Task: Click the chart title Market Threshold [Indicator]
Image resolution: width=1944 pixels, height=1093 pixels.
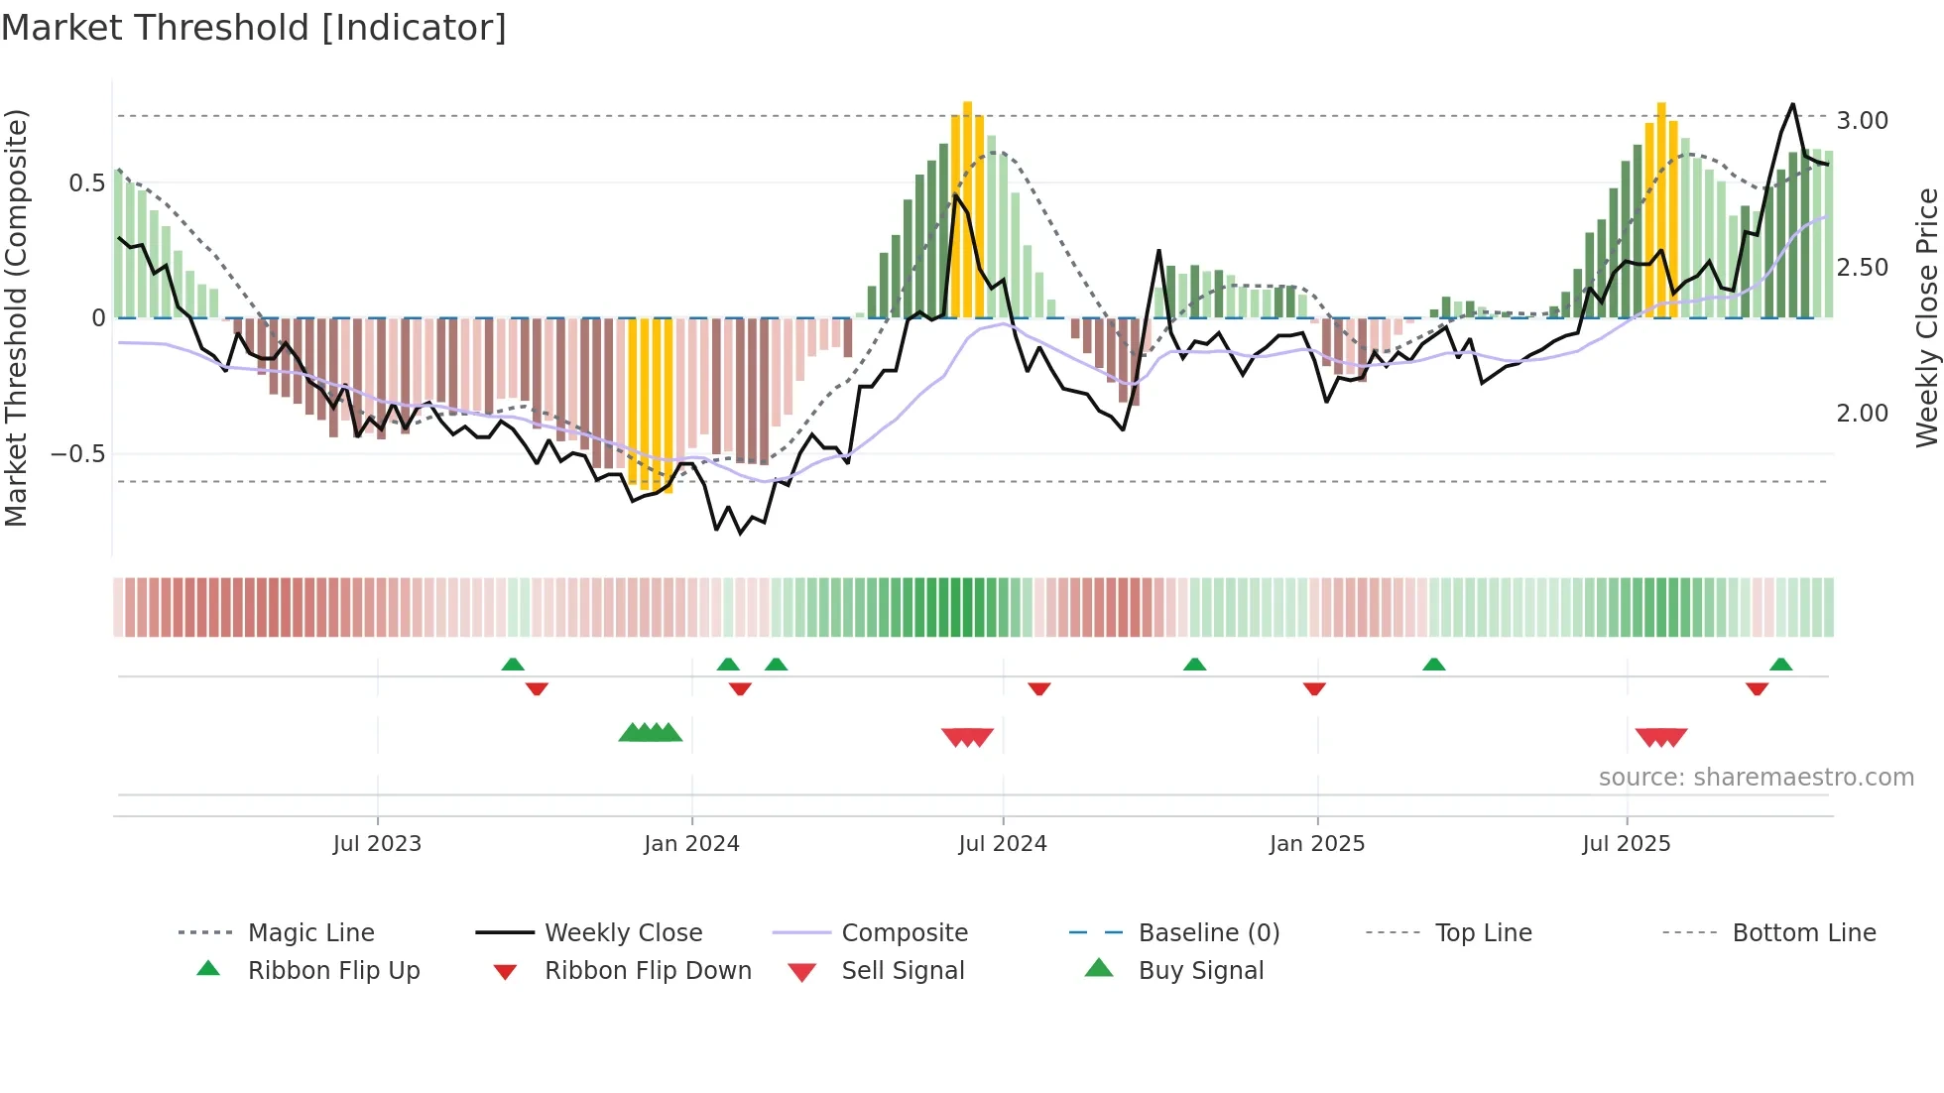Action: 254,28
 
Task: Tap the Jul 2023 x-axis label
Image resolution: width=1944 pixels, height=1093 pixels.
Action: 377,844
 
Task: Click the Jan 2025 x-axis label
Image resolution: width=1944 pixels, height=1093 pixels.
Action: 1317,844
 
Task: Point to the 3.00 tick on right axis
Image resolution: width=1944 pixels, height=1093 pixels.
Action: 1862,121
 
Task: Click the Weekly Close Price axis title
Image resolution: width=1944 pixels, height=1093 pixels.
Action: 1926,317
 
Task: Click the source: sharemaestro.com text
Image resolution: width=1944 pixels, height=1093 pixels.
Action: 1756,778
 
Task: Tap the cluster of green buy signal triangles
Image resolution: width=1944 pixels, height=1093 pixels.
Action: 651,733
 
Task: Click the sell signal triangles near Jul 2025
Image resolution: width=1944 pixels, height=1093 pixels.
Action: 1661,737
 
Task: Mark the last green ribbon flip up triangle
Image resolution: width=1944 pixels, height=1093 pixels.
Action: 1780,665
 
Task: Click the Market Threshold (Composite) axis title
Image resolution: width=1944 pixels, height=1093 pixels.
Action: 16,317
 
